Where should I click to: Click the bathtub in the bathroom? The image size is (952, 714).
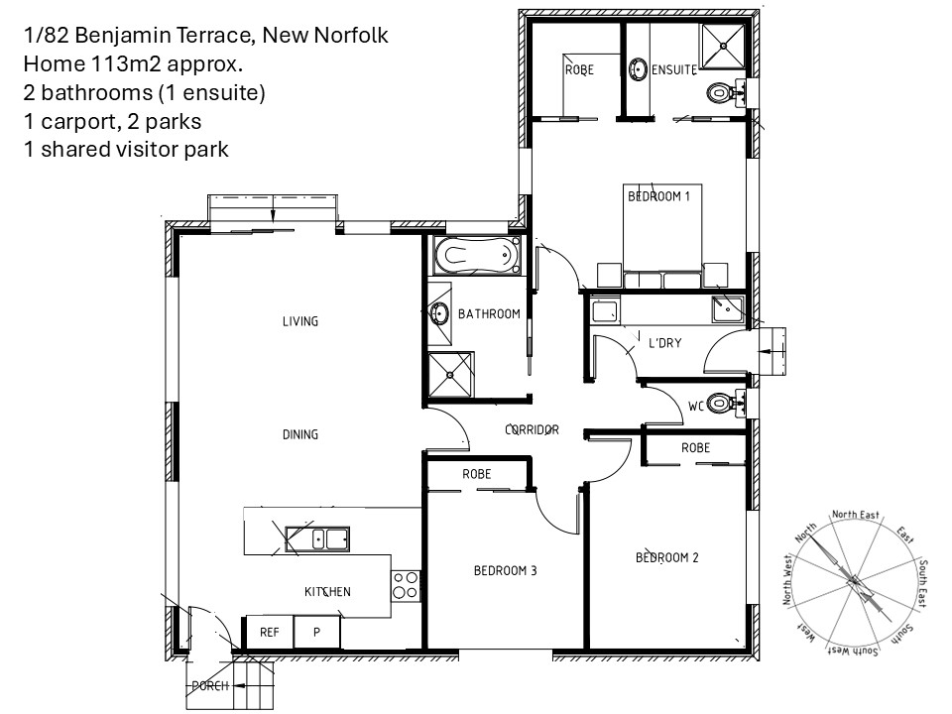477,255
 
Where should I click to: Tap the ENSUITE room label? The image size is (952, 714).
674,69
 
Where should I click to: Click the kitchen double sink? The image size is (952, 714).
317,539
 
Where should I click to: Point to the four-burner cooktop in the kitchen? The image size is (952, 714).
405,585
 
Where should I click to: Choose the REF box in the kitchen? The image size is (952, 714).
269,632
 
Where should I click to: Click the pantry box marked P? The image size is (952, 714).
316,632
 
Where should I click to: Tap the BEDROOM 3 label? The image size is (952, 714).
505,571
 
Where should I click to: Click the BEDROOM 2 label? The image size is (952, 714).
666,557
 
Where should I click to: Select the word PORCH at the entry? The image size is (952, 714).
210,685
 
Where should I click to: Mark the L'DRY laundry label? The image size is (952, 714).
664,343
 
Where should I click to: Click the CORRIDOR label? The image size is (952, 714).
532,429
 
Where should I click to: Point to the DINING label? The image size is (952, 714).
299,434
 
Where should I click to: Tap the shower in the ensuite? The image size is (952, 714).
723,45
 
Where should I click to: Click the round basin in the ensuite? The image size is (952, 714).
638,68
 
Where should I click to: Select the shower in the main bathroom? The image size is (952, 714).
450,374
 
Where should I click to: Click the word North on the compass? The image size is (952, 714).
805,533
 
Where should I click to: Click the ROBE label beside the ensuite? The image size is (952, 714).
579,69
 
